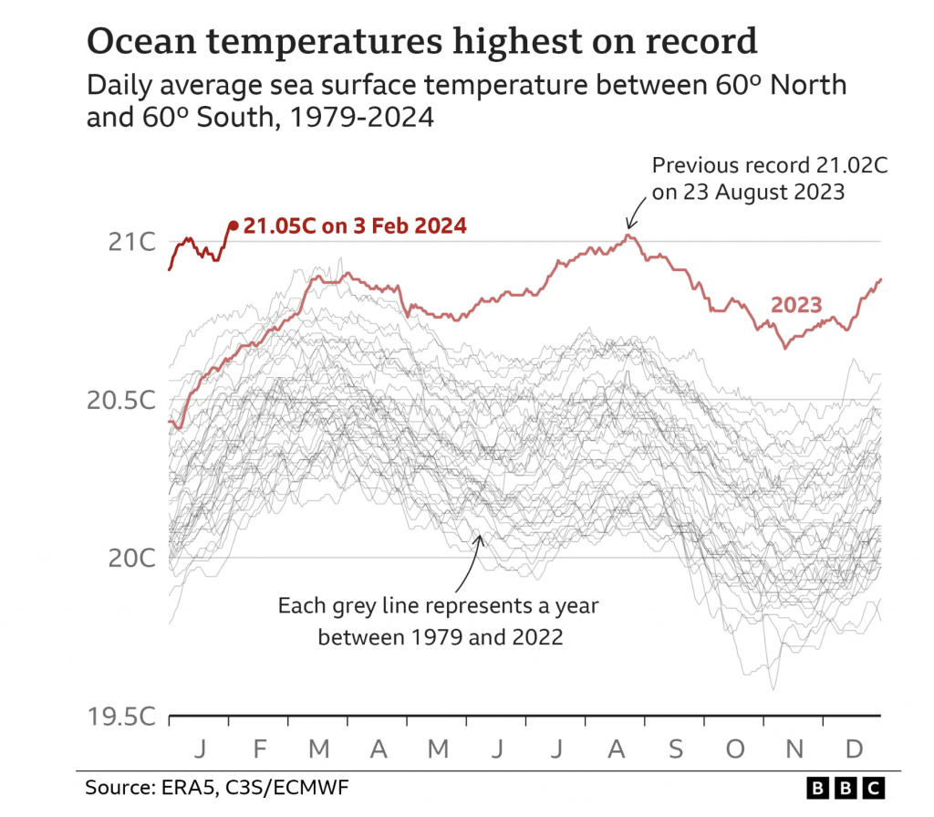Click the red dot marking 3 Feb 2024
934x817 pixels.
point(233,225)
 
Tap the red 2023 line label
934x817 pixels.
point(797,305)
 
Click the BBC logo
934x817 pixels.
point(846,787)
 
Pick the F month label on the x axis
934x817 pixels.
point(259,749)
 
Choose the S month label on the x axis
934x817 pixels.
point(675,749)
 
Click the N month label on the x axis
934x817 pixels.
point(794,749)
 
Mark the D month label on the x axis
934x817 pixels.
point(854,749)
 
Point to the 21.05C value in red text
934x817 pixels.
point(279,225)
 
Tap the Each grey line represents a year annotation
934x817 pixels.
point(438,606)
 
